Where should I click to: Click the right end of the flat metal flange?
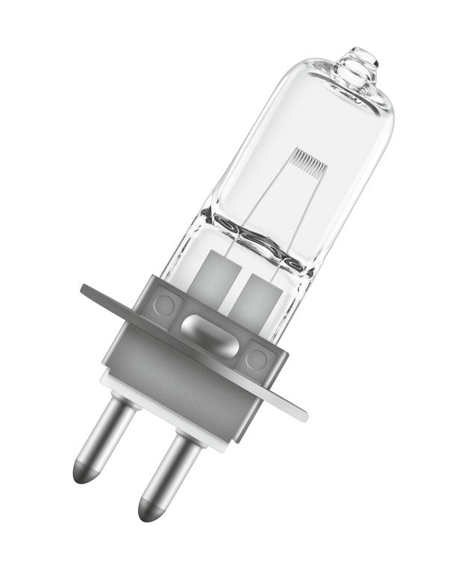tap(295, 408)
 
